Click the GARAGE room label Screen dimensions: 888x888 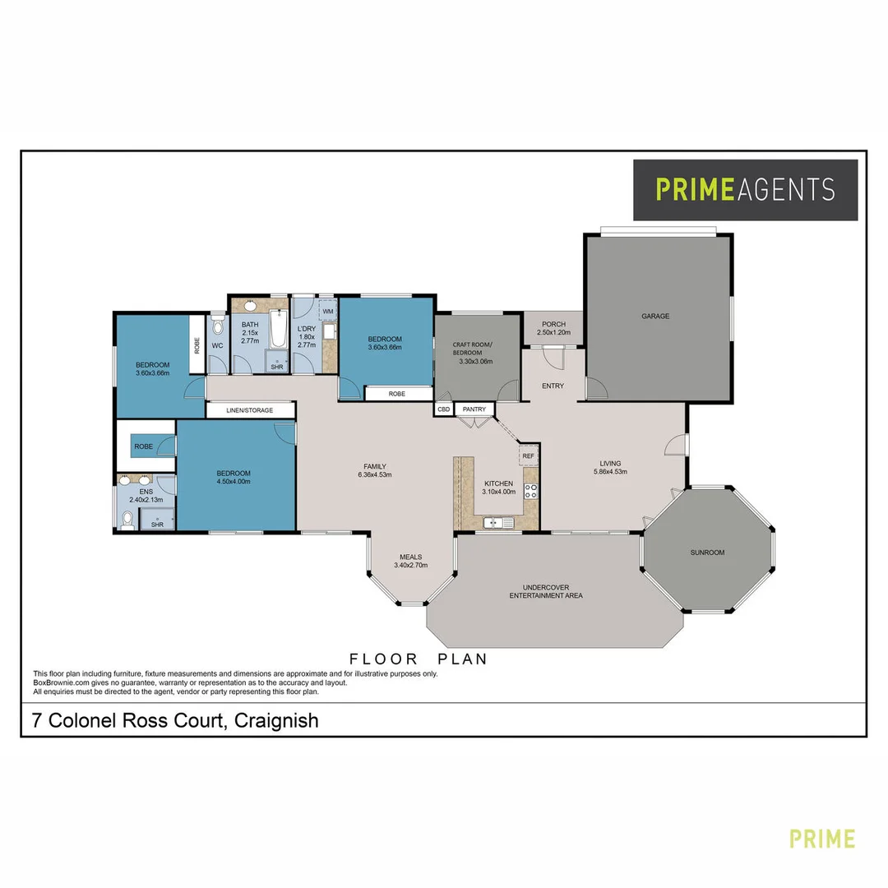coord(655,316)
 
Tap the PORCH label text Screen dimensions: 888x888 coord(553,324)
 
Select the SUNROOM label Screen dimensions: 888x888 coord(707,553)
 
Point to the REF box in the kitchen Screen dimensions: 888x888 coord(528,456)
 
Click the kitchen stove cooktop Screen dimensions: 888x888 coord(531,492)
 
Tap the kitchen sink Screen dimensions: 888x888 coord(493,522)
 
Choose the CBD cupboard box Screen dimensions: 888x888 coord(444,409)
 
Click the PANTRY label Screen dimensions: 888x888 coord(474,409)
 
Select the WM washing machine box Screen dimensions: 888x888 coord(327,312)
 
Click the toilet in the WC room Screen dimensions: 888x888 coord(217,328)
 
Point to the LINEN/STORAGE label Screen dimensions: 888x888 coord(250,409)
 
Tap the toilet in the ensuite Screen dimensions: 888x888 coord(127,520)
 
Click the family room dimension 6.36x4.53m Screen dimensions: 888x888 coord(374,475)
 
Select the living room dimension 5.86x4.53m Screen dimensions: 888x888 coord(610,472)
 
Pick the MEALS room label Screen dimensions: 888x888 coord(411,557)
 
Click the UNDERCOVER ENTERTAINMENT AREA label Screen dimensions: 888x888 coord(546,591)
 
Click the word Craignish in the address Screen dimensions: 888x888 coord(276,721)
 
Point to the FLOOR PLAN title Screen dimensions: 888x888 coord(419,659)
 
